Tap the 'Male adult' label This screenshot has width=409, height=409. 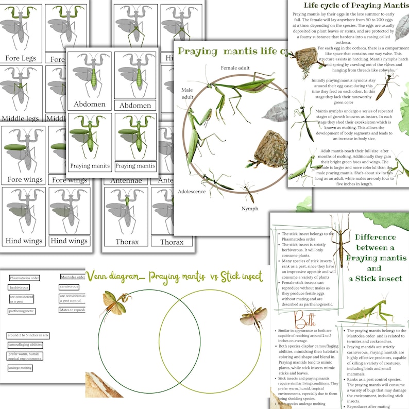[x=186, y=93]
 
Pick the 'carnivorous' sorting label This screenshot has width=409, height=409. [x=69, y=286]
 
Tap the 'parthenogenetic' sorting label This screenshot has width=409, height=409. [x=22, y=311]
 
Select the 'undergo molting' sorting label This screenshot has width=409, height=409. [x=21, y=368]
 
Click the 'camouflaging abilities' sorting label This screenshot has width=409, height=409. [x=25, y=345]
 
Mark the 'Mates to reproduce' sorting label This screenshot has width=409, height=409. [x=72, y=310]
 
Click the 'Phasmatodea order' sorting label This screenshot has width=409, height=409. [x=24, y=278]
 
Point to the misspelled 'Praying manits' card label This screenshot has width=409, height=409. [x=90, y=166]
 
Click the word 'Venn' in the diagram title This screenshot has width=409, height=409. [x=100, y=276]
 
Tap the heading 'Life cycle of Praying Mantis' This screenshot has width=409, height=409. [x=355, y=5]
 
